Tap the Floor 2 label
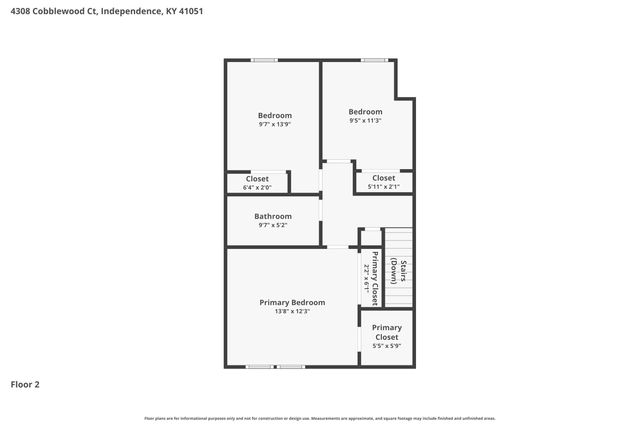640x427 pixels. tap(25, 384)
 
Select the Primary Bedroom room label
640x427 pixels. tap(292, 302)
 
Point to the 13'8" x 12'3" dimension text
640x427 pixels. tap(292, 312)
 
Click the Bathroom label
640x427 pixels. tap(273, 216)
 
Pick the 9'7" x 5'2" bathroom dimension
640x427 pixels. tap(273, 226)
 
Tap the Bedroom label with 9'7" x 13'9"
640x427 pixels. tap(274, 115)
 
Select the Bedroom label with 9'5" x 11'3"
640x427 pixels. tap(365, 111)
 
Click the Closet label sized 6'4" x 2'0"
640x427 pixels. tap(257, 178)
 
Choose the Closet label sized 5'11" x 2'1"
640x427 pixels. tap(383, 177)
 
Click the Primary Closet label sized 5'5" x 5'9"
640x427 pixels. tap(386, 332)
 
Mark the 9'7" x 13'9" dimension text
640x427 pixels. tap(274, 125)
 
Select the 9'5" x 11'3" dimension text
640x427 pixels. tap(365, 121)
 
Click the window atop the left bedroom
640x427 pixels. tap(265, 60)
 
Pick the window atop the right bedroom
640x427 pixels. tap(375, 60)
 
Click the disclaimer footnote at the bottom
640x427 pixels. tap(320, 418)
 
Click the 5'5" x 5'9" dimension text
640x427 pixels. tap(386, 347)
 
